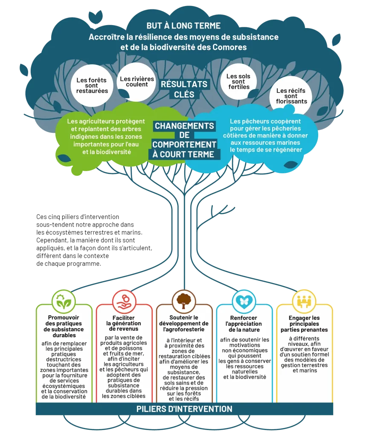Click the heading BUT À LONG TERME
click(x=183, y=26)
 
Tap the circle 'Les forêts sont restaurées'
click(x=92, y=86)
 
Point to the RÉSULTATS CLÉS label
click(x=184, y=89)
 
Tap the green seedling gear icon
click(x=64, y=301)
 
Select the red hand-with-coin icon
click(x=124, y=301)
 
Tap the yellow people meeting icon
click(x=304, y=301)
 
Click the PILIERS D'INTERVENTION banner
click(x=184, y=409)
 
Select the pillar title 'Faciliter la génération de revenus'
click(x=124, y=323)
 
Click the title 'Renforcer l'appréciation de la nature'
click(x=244, y=324)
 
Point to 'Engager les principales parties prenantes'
click(x=303, y=324)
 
